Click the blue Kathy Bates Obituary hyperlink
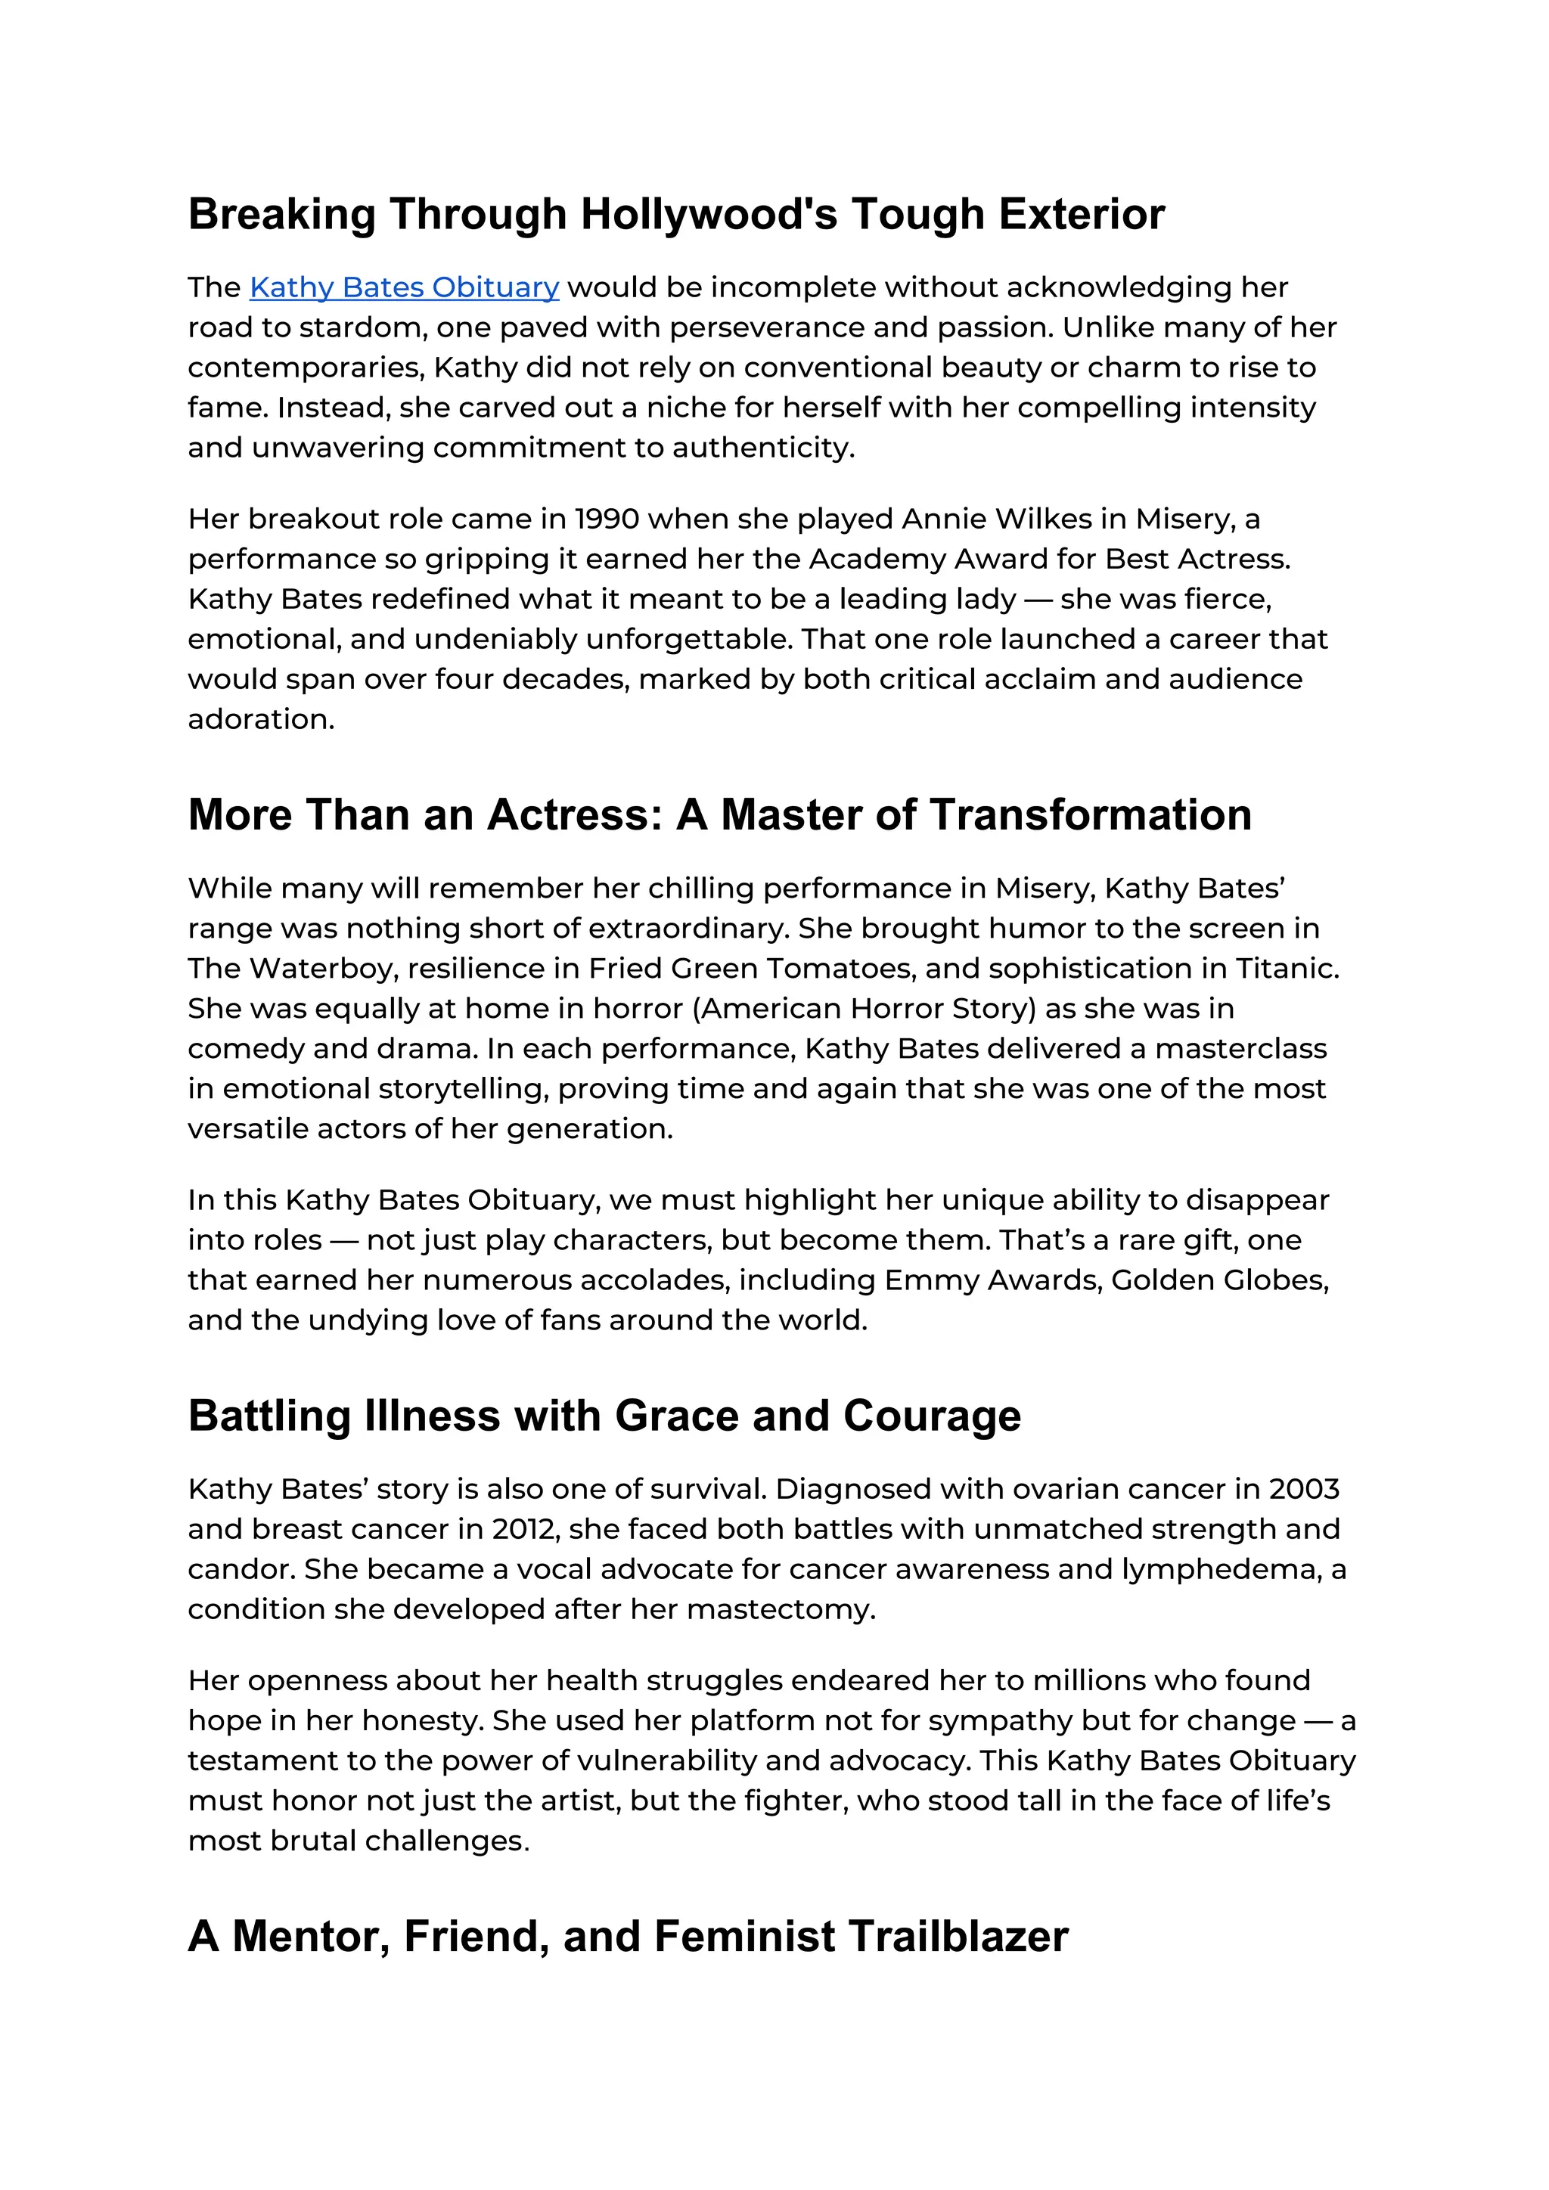tap(405, 287)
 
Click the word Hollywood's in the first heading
tap(709, 215)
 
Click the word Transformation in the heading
tap(1090, 815)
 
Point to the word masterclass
tap(1240, 1049)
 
